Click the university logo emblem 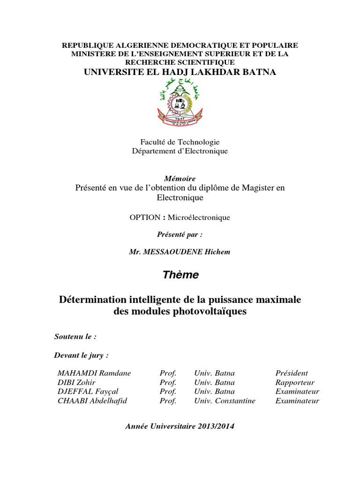[x=180, y=101]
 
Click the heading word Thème [x=181, y=275]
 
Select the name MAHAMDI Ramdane [x=94, y=373]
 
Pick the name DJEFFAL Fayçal [x=88, y=391]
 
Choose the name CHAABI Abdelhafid [x=92, y=401]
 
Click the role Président [x=292, y=373]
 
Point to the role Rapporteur [x=295, y=382]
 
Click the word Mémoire [x=180, y=179]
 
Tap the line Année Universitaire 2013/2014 [x=180, y=426]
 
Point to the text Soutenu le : [x=75, y=337]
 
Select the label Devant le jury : [x=82, y=355]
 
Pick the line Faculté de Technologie [x=180, y=142]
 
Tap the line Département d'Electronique [x=180, y=151]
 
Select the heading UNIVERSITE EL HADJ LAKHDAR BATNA [x=180, y=72]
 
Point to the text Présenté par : [x=180, y=234]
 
